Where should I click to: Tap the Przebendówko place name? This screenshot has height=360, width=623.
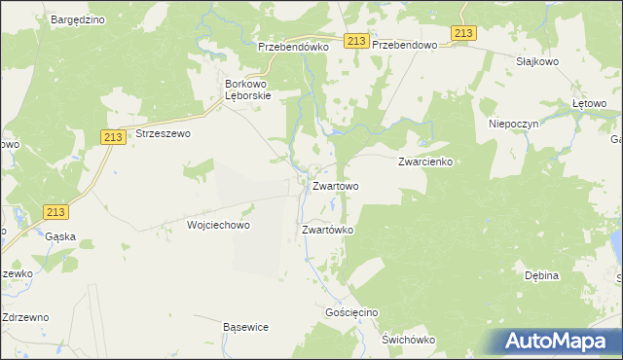pos(296,46)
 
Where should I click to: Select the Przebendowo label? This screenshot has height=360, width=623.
pos(409,46)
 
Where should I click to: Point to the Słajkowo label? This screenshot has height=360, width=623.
pos(536,59)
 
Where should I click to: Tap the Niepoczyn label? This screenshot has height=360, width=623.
pos(513,125)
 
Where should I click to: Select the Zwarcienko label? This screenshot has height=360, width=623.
pos(425,162)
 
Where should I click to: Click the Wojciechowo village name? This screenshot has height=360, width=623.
pos(219,225)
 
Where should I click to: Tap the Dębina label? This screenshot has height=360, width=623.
pos(541,275)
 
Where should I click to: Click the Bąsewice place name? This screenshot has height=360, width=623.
pos(245,327)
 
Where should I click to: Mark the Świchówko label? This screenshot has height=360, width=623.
pos(408,340)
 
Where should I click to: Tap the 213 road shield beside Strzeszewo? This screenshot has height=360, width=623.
pos(111,138)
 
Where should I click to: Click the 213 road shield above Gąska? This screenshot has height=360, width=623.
pos(56,212)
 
